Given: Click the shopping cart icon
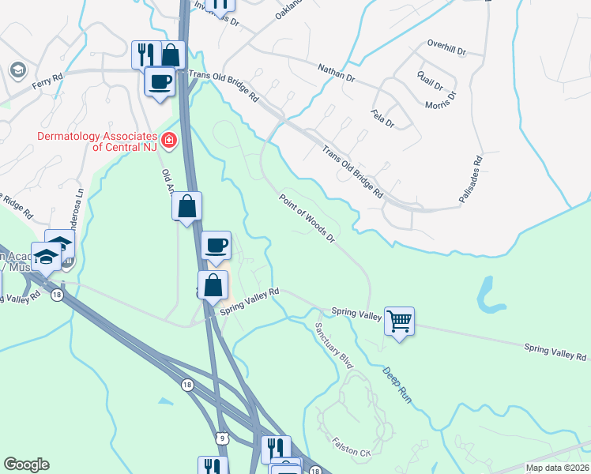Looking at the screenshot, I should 400,321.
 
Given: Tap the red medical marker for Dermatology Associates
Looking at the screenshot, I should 168,141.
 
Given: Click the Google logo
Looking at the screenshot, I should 26,465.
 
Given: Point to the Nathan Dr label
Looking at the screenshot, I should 337,73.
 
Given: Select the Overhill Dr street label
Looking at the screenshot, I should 446,48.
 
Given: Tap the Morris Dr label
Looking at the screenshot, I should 441,101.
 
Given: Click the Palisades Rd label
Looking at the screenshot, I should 476,177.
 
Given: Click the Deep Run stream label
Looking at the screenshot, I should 398,386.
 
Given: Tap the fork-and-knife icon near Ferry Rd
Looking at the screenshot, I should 145,54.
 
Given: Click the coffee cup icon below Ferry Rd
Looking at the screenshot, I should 160,81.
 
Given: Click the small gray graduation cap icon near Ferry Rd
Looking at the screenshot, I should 16,70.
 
